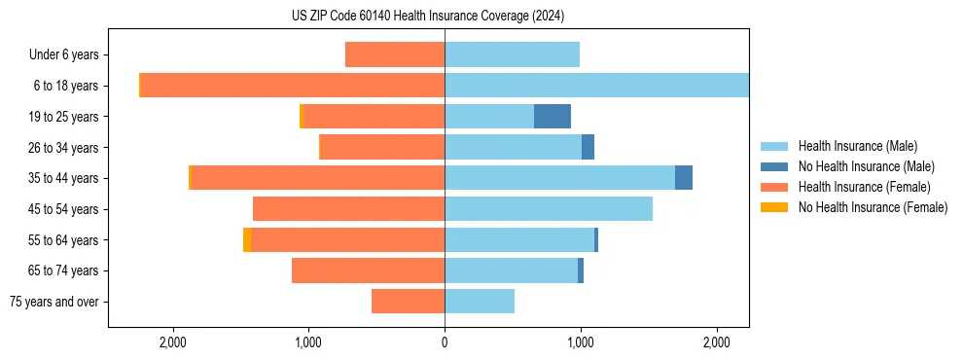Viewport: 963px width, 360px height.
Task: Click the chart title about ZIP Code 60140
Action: coord(427,17)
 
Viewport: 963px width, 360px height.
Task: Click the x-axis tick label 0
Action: coord(445,342)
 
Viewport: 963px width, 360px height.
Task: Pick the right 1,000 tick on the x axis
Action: coord(581,342)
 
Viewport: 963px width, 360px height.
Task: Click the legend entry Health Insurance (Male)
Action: coord(857,146)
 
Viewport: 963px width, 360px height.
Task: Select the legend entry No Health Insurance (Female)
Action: coord(873,207)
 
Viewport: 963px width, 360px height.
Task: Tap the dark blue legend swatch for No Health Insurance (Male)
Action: coord(774,166)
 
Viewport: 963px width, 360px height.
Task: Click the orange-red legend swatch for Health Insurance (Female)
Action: coord(774,187)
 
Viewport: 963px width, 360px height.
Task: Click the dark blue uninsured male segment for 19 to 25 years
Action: coord(553,117)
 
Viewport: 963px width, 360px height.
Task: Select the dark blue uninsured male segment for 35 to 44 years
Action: coord(684,178)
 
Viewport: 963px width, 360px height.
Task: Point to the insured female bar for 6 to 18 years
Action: coord(293,86)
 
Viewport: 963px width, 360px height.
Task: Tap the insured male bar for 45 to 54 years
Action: coord(549,209)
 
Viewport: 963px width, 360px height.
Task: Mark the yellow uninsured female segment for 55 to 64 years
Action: coord(247,240)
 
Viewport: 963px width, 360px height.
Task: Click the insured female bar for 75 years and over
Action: coord(408,302)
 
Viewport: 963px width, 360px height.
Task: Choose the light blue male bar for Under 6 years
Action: coord(512,55)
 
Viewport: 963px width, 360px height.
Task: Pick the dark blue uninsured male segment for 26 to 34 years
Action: coord(588,148)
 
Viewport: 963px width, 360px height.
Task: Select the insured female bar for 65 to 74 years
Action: coord(368,270)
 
